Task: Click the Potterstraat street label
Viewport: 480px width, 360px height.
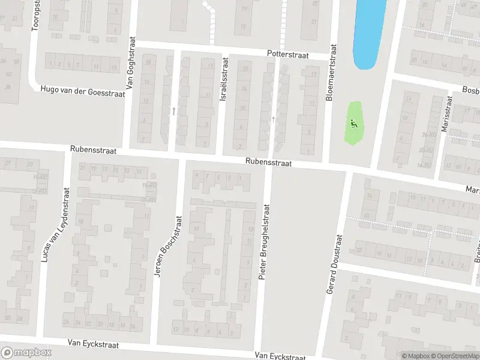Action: (x=288, y=55)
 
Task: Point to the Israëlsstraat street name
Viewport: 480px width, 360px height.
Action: (x=224, y=79)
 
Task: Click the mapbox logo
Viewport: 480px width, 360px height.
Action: (x=26, y=353)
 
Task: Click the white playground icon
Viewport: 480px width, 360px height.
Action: (x=353, y=124)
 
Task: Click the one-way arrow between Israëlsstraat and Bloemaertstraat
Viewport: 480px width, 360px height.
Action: (x=274, y=120)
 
